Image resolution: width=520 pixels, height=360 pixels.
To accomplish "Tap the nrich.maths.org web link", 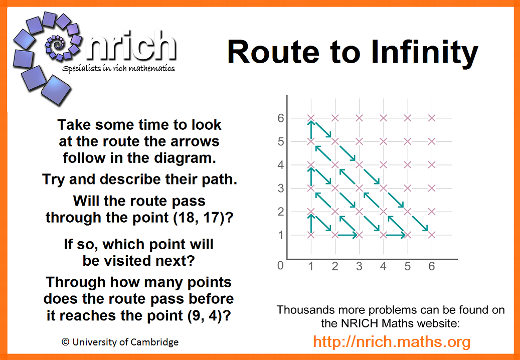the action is tap(392, 342).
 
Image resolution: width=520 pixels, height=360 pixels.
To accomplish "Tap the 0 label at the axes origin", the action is tap(281, 266).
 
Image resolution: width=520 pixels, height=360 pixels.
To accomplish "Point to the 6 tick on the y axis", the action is tap(281, 118).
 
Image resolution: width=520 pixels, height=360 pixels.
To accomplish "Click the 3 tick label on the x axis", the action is tap(359, 266).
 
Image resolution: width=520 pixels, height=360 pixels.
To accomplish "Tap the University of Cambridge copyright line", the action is tap(120, 342).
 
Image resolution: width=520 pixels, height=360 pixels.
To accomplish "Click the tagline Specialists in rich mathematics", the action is tap(118, 69).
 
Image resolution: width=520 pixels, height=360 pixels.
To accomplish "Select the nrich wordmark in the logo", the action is tap(130, 47).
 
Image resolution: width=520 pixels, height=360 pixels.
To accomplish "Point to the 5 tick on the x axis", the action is tap(408, 266).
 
